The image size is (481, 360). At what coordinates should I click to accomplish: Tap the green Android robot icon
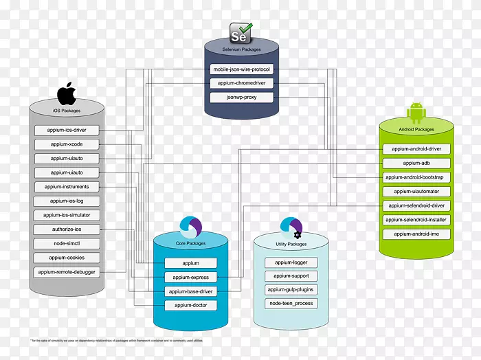coord(416,113)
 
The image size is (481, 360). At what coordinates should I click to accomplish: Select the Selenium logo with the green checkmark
coord(241,32)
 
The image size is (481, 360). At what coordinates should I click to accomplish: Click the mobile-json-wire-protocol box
coord(242,69)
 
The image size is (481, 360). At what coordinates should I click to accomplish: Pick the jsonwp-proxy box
coord(242,98)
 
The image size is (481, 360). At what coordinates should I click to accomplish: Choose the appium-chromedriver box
coord(242,83)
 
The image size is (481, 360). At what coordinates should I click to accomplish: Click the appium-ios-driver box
coord(67,130)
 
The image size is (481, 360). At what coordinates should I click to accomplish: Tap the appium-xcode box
coord(67,144)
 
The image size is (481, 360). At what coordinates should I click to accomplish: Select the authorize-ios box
coord(67,229)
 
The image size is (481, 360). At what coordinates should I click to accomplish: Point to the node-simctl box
coord(67,243)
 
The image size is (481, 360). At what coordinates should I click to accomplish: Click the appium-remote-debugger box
coord(67,272)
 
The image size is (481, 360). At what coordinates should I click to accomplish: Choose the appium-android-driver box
coord(416,148)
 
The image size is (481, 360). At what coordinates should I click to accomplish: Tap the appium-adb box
coord(416,163)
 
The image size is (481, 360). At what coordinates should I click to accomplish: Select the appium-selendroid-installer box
coord(416,220)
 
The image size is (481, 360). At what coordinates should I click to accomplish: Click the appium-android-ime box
coord(416,234)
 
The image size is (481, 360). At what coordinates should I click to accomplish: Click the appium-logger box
coord(291,262)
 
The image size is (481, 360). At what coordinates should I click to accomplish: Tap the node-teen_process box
coord(291,303)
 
